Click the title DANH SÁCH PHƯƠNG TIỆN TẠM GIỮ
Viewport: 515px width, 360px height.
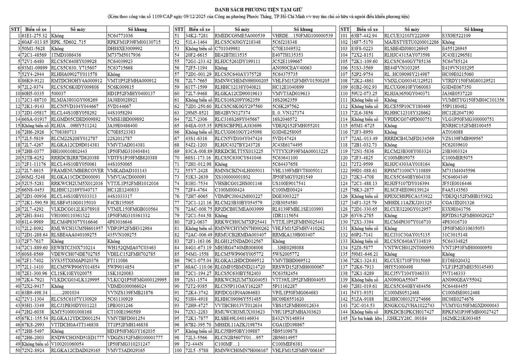click(x=257, y=9)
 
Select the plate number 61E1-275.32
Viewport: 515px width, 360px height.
click(x=35, y=36)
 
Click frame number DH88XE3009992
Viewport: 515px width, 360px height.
click(x=125, y=49)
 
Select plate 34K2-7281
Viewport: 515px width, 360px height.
click(x=197, y=36)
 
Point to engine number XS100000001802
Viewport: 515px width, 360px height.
click(x=233, y=177)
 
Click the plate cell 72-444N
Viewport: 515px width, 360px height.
click(x=194, y=344)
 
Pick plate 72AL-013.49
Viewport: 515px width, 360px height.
click(x=365, y=138)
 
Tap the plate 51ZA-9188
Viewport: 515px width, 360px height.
click(x=363, y=299)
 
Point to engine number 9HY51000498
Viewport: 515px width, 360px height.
click(x=400, y=267)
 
